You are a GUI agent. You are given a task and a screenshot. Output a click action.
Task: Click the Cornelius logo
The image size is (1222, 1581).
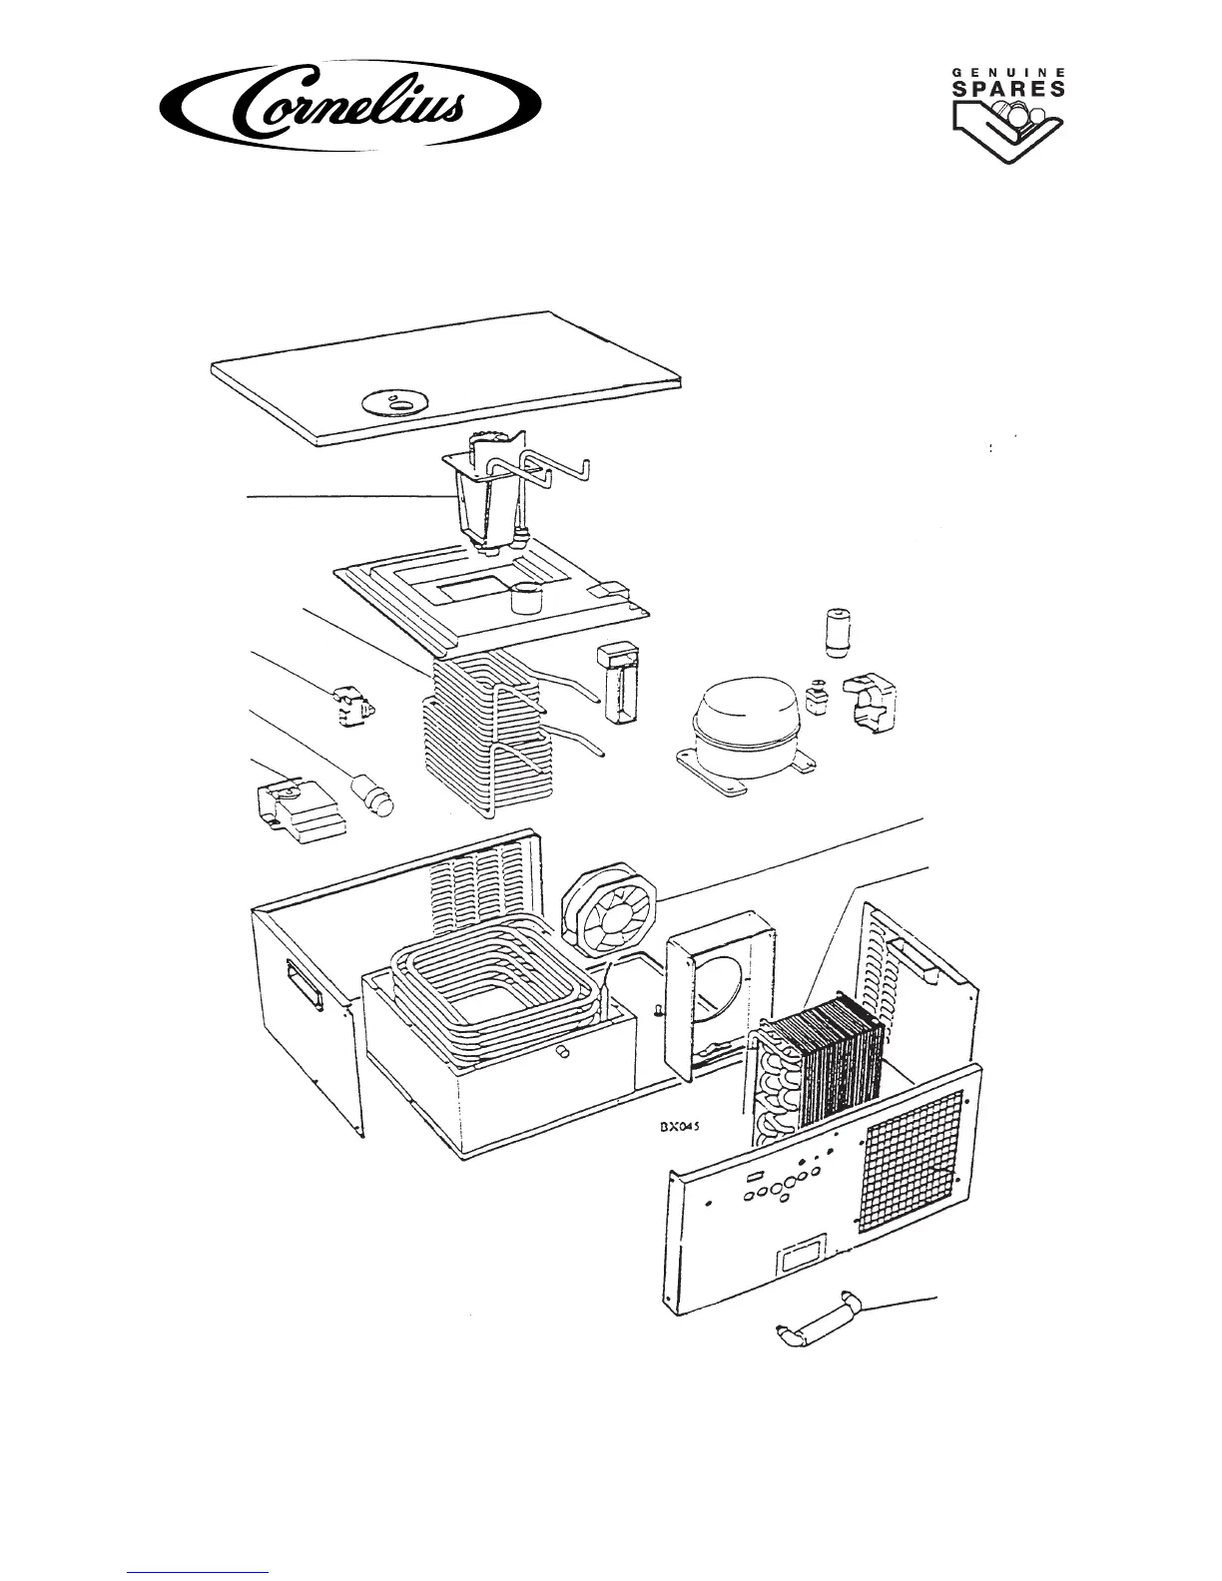[x=351, y=104]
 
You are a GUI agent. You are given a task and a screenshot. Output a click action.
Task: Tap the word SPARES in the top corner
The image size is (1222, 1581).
[x=1005, y=88]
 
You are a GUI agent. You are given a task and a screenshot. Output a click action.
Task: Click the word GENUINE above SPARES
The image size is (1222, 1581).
[x=1005, y=72]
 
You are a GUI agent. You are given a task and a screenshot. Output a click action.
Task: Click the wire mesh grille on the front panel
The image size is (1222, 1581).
[x=910, y=1149]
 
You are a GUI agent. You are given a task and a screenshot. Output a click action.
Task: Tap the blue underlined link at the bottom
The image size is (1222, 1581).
[x=199, y=1572]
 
